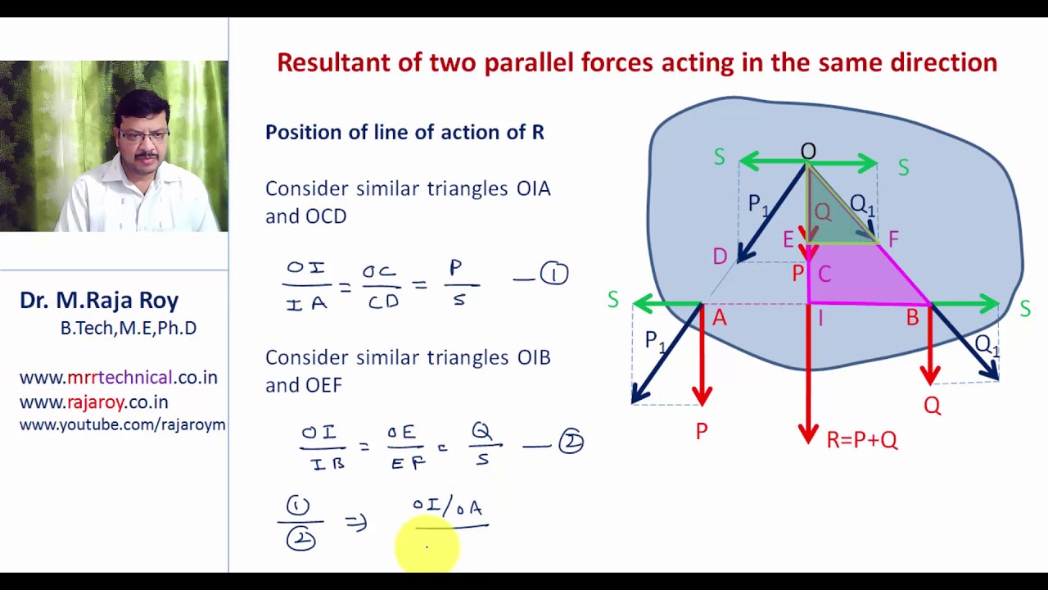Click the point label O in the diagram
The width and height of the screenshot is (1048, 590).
pyautogui.click(x=808, y=152)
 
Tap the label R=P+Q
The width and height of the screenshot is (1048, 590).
pyautogui.click(x=862, y=440)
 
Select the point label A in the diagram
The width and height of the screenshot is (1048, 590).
pyautogui.click(x=720, y=318)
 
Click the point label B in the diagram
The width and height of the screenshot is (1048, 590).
pyautogui.click(x=912, y=319)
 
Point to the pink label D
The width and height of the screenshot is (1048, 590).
pyautogui.click(x=720, y=256)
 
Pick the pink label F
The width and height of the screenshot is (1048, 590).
pyautogui.click(x=893, y=239)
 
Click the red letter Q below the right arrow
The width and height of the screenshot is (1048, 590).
pyautogui.click(x=932, y=406)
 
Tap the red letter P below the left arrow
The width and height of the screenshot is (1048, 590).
pyautogui.click(x=702, y=431)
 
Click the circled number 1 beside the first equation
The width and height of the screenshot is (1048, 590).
pyautogui.click(x=554, y=274)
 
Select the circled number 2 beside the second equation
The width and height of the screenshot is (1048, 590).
pyautogui.click(x=571, y=442)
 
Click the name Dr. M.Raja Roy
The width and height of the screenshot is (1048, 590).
pyautogui.click(x=99, y=301)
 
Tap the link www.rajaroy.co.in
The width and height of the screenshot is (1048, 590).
pyautogui.click(x=93, y=402)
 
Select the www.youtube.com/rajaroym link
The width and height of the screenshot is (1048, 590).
pyautogui.click(x=122, y=424)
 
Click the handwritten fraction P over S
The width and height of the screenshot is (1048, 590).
pyautogui.click(x=457, y=283)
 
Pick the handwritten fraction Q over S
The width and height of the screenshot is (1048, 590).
pyautogui.click(x=481, y=443)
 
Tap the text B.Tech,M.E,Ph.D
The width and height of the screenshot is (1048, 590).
pyautogui.click(x=128, y=329)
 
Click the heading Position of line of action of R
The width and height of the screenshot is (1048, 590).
pyautogui.click(x=404, y=132)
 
